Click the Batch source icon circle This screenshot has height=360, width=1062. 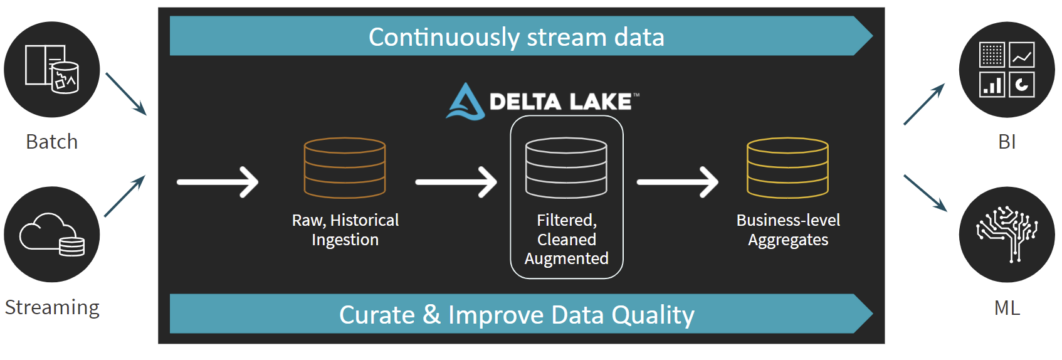[52, 70]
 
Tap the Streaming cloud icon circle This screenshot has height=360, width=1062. [52, 235]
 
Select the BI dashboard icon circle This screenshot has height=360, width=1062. [1007, 70]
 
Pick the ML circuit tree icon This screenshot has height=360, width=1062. [1007, 235]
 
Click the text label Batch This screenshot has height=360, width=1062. [52, 142]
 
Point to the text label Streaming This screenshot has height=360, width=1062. [52, 307]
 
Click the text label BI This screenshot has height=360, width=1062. [1007, 142]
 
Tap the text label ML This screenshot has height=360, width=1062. [1007, 307]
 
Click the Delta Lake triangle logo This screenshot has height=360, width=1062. [465, 102]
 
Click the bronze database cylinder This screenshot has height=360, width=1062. [345, 168]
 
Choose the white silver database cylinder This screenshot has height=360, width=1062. [566, 168]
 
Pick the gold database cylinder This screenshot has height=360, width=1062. [787, 168]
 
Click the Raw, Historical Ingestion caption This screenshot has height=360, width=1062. [345, 230]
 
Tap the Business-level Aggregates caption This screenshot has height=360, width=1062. [788, 230]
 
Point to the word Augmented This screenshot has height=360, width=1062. [566, 258]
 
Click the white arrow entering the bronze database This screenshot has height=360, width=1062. [218, 182]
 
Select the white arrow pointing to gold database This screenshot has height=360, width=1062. [677, 182]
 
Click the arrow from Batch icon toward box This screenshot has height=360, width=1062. [125, 93]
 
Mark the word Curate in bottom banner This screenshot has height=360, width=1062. [377, 315]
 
